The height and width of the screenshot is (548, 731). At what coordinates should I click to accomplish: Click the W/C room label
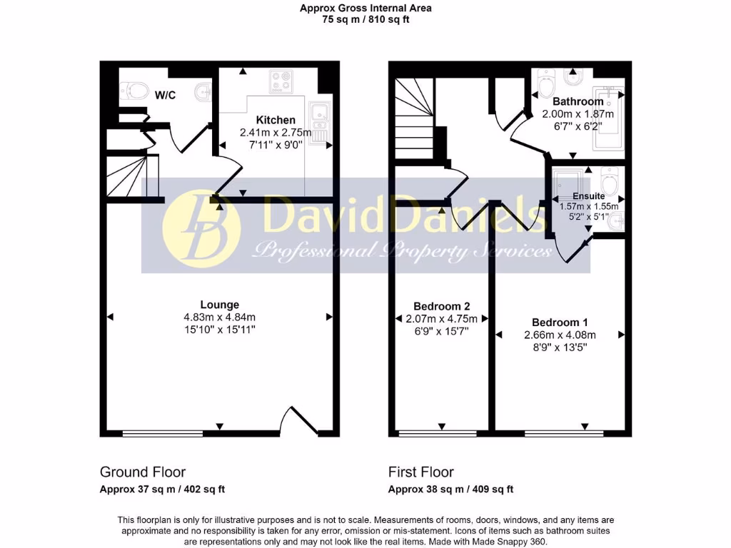(166, 95)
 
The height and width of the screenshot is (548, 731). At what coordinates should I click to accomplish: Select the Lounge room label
(220, 304)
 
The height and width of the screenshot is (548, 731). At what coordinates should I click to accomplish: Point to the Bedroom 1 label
(560, 323)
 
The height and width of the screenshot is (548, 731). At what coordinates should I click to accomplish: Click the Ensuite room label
(588, 196)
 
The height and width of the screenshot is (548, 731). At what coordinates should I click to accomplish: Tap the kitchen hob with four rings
(278, 82)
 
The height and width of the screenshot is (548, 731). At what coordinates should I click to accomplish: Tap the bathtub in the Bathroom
(609, 118)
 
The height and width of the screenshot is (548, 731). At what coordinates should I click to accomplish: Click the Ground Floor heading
(143, 472)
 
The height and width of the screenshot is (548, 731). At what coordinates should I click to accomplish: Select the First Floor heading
(421, 472)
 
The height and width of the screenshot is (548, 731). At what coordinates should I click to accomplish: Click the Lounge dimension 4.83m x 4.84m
(220, 317)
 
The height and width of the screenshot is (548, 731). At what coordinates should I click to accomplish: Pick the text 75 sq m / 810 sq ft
(365, 20)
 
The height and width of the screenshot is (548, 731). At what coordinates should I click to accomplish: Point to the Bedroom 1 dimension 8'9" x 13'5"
(560, 347)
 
